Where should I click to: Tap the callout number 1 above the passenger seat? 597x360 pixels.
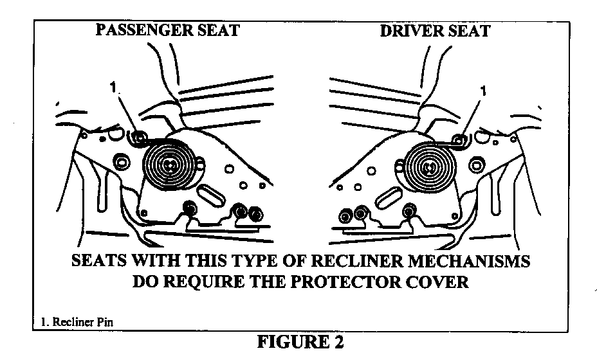pos(113,87)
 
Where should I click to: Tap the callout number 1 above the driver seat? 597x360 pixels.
pos(484,91)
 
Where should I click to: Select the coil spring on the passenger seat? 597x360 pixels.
pos(169,165)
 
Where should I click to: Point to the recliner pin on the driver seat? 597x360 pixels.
pos(459,139)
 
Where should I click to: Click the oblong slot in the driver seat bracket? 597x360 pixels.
pos(388,197)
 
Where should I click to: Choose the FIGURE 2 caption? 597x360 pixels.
pos(300,341)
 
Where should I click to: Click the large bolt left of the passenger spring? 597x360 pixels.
pos(120,163)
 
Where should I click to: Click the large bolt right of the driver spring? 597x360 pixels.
pos(477,165)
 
